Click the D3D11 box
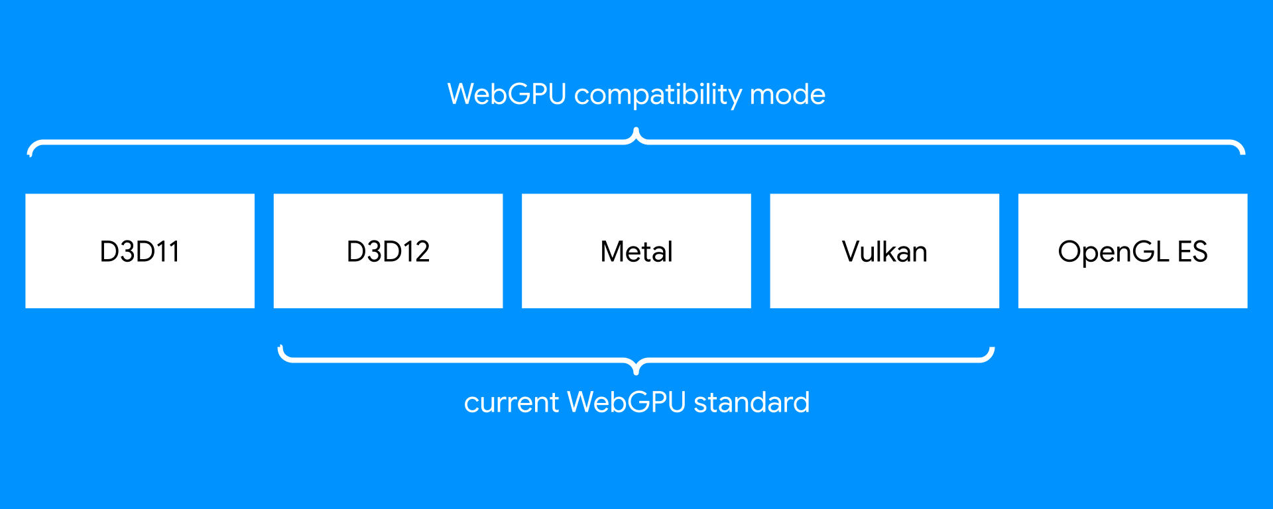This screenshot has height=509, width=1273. (x=140, y=251)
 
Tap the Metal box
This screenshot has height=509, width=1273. (x=636, y=251)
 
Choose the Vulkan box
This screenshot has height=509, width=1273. (x=884, y=251)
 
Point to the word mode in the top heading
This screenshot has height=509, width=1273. (x=788, y=95)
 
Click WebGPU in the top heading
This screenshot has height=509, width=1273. (x=507, y=95)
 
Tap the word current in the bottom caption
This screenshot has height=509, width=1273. (x=511, y=403)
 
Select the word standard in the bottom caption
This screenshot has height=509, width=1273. (x=751, y=403)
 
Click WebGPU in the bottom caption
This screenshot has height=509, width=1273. (x=627, y=403)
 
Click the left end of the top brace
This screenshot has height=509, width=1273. (x=30, y=153)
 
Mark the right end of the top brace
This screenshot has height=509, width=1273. (x=1243, y=152)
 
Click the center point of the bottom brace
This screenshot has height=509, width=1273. (x=636, y=372)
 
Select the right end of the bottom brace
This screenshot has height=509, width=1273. (x=992, y=349)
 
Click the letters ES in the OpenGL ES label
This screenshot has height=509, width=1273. (x=1192, y=252)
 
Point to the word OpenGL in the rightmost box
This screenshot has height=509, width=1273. (x=1113, y=252)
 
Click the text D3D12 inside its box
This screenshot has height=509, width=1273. (x=388, y=251)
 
